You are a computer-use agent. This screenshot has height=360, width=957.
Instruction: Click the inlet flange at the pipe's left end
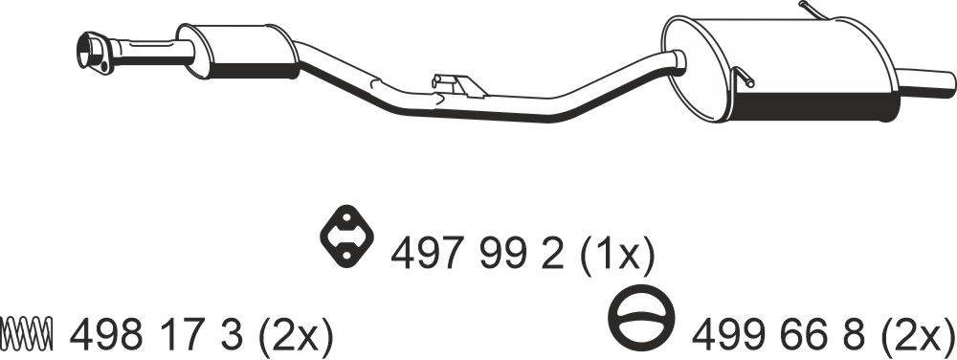click(x=94, y=52)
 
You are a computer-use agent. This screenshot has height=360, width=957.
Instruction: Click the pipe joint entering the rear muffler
click(x=678, y=62)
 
